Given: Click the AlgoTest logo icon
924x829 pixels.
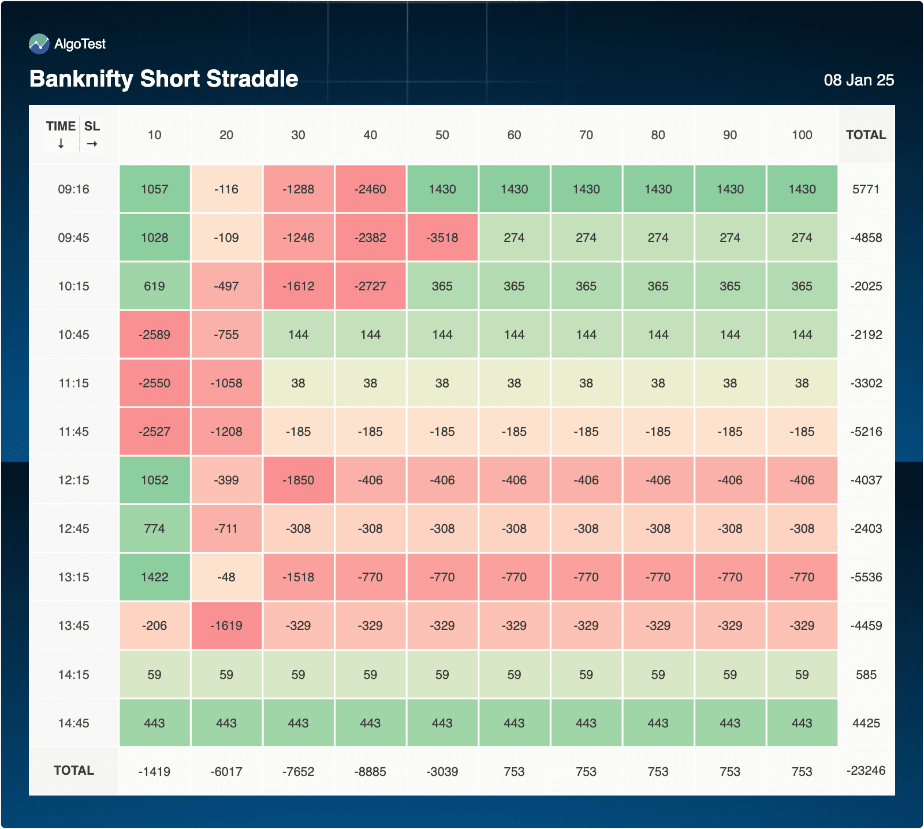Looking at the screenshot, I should pyautogui.click(x=39, y=44).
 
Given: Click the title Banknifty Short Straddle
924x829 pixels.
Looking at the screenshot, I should pyautogui.click(x=163, y=79).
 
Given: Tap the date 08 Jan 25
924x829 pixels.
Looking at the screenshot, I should pyautogui.click(x=858, y=80).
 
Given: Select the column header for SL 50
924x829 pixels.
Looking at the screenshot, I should pyautogui.click(x=442, y=135).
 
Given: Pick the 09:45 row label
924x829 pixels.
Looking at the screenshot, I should pyautogui.click(x=73, y=238).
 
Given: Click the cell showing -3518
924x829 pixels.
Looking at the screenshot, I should pyautogui.click(x=442, y=238).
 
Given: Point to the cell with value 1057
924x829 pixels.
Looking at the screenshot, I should pyautogui.click(x=154, y=189).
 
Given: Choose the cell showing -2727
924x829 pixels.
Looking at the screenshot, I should pyautogui.click(x=370, y=286).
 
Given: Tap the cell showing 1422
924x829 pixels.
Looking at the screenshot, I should pyautogui.click(x=154, y=577).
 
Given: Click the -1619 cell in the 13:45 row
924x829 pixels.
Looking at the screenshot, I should pyautogui.click(x=226, y=626).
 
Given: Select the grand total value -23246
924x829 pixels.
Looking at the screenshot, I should pyautogui.click(x=866, y=771).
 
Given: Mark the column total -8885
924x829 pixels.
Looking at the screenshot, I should pyautogui.click(x=370, y=772).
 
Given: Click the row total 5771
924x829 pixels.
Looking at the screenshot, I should pyautogui.click(x=866, y=189).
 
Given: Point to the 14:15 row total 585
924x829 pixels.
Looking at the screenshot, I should pyautogui.click(x=866, y=675).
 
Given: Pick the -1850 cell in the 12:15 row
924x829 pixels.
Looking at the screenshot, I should pyautogui.click(x=298, y=480).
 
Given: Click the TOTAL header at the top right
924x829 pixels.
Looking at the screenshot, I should pyautogui.click(x=866, y=135).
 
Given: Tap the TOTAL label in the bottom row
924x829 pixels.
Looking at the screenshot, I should pyautogui.click(x=73, y=771).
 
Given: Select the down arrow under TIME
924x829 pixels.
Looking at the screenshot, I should pyautogui.click(x=61, y=144).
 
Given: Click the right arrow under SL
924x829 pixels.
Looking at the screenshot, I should pyautogui.click(x=92, y=144).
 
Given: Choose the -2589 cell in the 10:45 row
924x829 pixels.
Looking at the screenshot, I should pyautogui.click(x=154, y=335).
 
